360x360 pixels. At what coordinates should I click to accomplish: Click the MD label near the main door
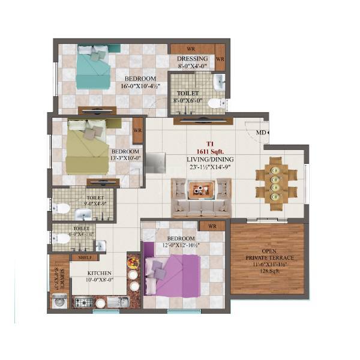pos(262,133)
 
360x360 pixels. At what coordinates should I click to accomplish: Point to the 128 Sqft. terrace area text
pos(267,271)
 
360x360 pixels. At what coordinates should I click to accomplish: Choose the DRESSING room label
pos(193,59)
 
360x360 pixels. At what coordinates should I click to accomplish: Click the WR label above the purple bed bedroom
pos(211,226)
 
